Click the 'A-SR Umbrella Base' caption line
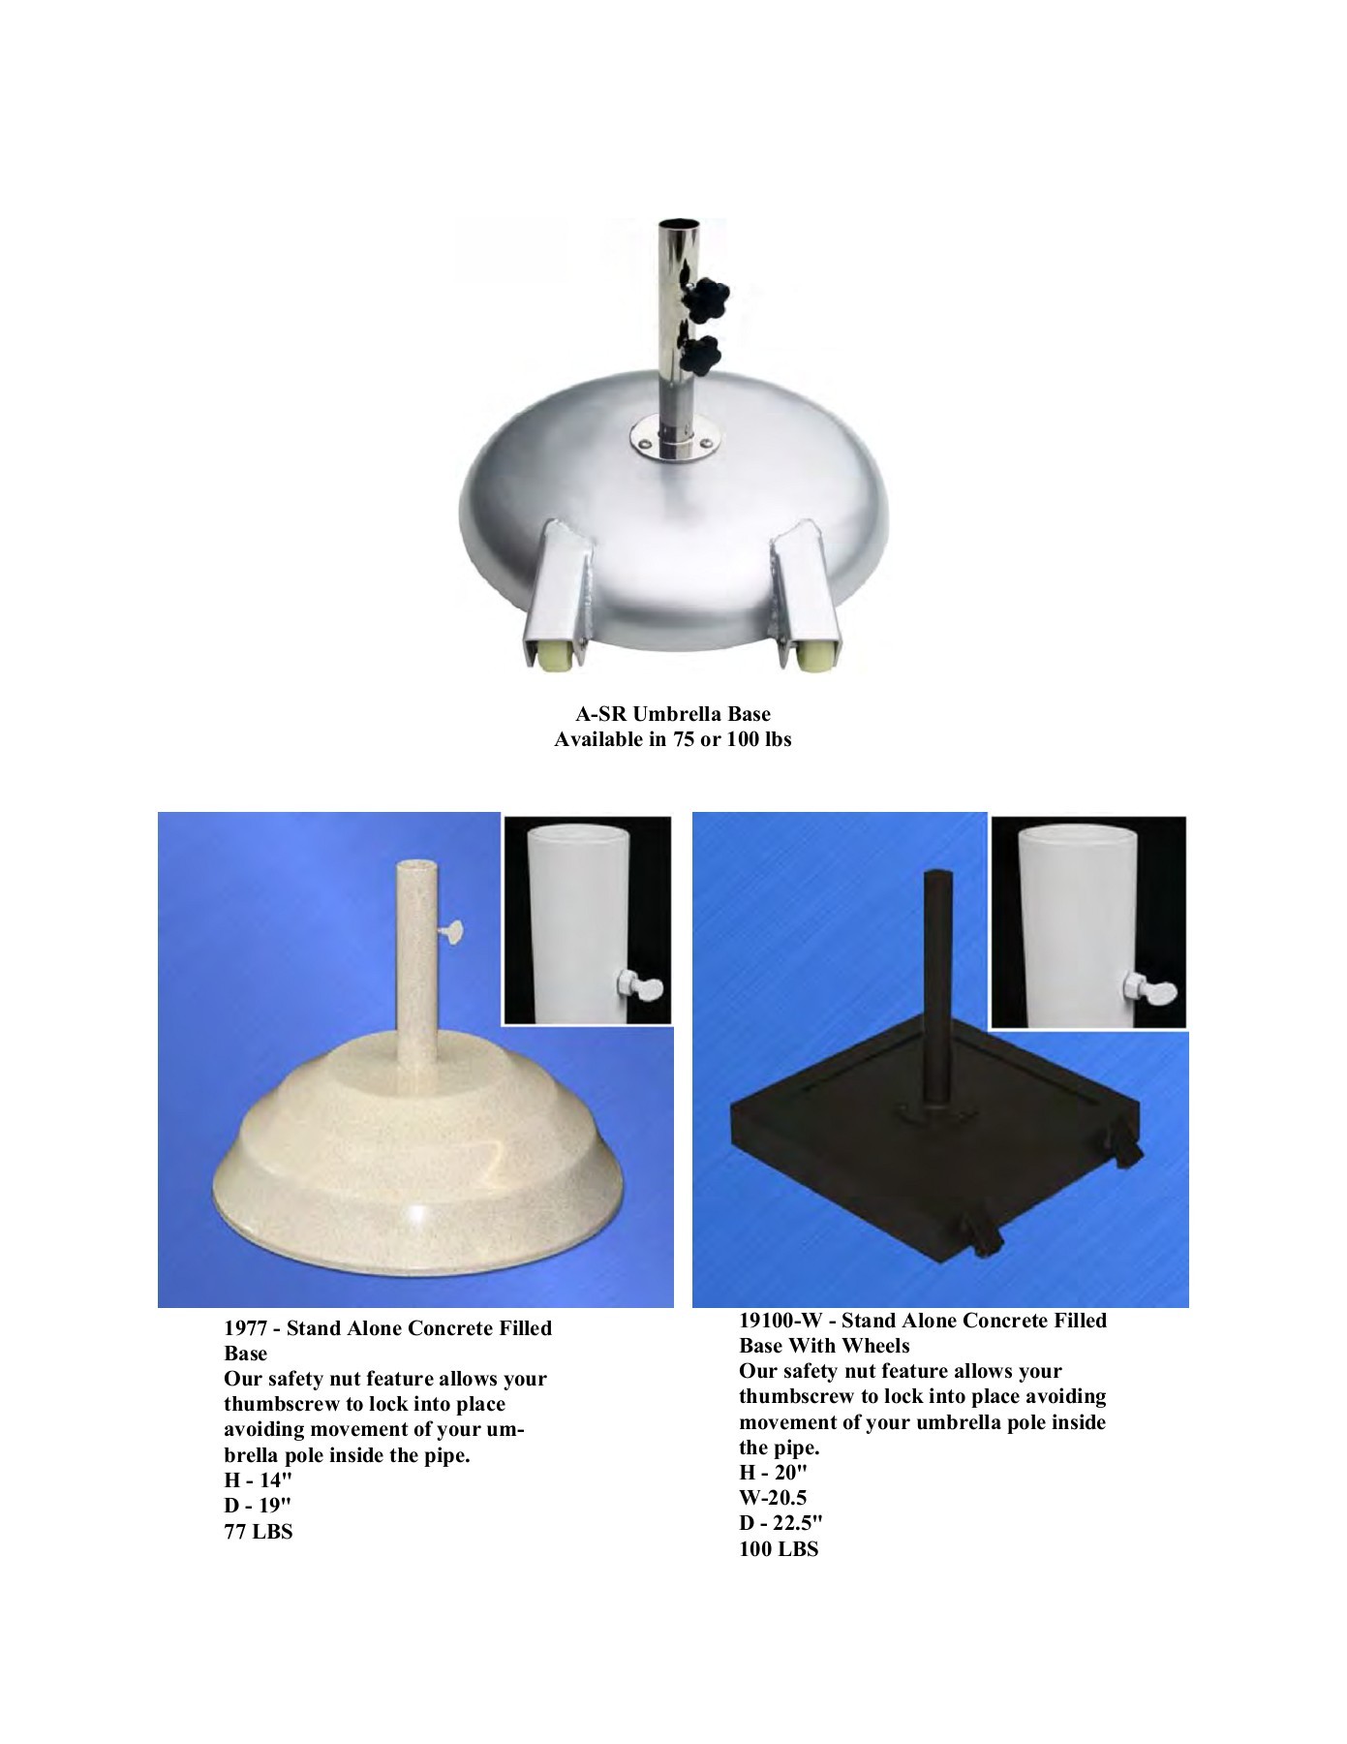click(x=673, y=714)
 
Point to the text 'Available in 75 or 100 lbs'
click(x=673, y=740)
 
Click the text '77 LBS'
click(x=259, y=1532)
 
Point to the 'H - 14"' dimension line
click(x=258, y=1480)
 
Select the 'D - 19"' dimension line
click(x=258, y=1506)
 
